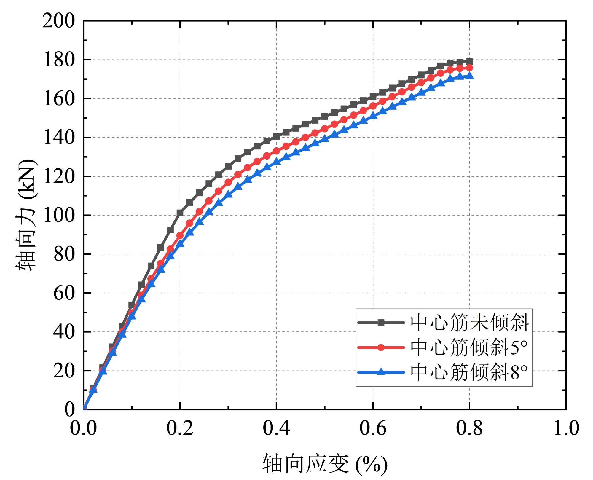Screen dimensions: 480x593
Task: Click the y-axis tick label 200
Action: pyautogui.click(x=59, y=21)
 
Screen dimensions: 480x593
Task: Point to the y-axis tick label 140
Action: pyautogui.click(x=59, y=138)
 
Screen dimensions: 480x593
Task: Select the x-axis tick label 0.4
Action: pyautogui.click(x=276, y=428)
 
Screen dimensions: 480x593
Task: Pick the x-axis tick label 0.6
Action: pyautogui.click(x=373, y=428)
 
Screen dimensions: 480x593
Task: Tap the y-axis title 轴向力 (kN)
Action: pyautogui.click(x=26, y=215)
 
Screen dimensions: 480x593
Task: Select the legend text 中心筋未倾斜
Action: pyautogui.click(x=470, y=323)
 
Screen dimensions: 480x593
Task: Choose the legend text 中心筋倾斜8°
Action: pyautogui.click(x=469, y=372)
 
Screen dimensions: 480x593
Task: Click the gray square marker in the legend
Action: pyautogui.click(x=381, y=323)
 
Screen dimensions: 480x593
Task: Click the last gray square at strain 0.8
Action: pyautogui.click(x=469, y=62)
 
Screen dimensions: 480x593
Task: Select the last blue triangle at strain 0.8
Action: pyautogui.click(x=469, y=76)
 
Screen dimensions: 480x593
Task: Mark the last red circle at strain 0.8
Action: pyautogui.click(x=469, y=68)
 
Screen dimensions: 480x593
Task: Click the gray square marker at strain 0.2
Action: pyautogui.click(x=180, y=213)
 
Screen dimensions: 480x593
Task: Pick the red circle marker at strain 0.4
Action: pyautogui.click(x=276, y=151)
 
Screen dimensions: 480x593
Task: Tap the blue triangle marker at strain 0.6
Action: pyautogui.click(x=373, y=116)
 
